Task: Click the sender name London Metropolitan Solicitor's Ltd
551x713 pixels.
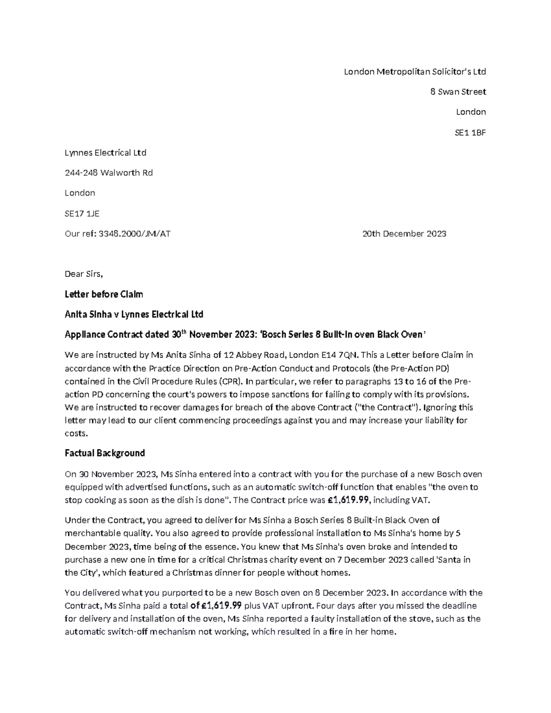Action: coord(415,72)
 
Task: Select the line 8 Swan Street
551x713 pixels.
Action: coord(457,92)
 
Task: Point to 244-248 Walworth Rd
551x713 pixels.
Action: coord(108,173)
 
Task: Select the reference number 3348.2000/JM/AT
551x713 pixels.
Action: coord(131,234)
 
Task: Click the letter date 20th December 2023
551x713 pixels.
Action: coord(404,234)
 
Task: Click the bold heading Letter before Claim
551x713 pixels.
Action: coord(104,294)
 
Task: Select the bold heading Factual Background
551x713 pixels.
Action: coord(105,454)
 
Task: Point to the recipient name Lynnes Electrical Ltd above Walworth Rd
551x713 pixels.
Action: coord(105,153)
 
